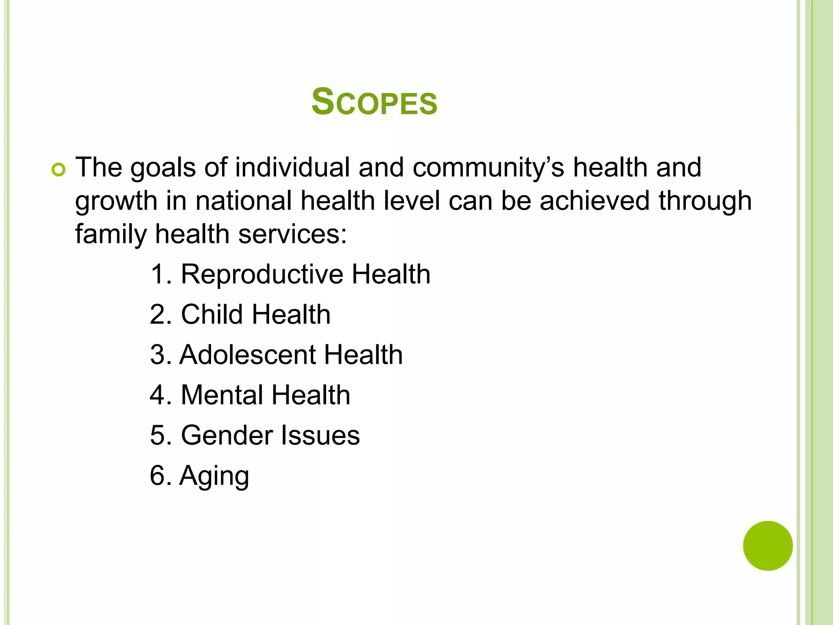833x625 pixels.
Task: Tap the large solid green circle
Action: (x=768, y=546)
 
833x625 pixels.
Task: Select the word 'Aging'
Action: (x=214, y=476)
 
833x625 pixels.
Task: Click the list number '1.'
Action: (x=161, y=274)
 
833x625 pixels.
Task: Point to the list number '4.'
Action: (x=161, y=395)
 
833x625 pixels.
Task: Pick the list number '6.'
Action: (x=161, y=476)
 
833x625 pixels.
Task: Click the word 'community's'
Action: (x=488, y=168)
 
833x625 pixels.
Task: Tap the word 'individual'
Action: (x=292, y=167)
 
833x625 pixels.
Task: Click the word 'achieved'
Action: (x=594, y=201)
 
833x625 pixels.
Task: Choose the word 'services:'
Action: (x=292, y=234)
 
